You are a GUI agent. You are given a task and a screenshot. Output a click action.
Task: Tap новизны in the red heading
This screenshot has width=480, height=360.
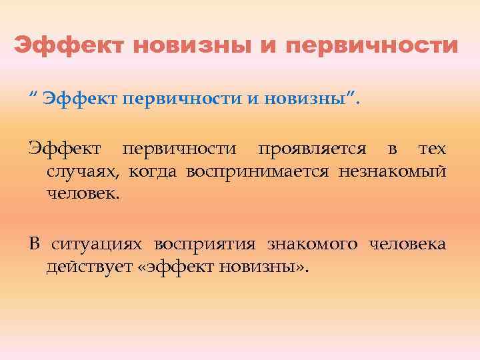click(191, 46)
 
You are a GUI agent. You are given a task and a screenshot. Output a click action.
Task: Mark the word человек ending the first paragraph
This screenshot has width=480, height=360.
click(82, 195)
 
